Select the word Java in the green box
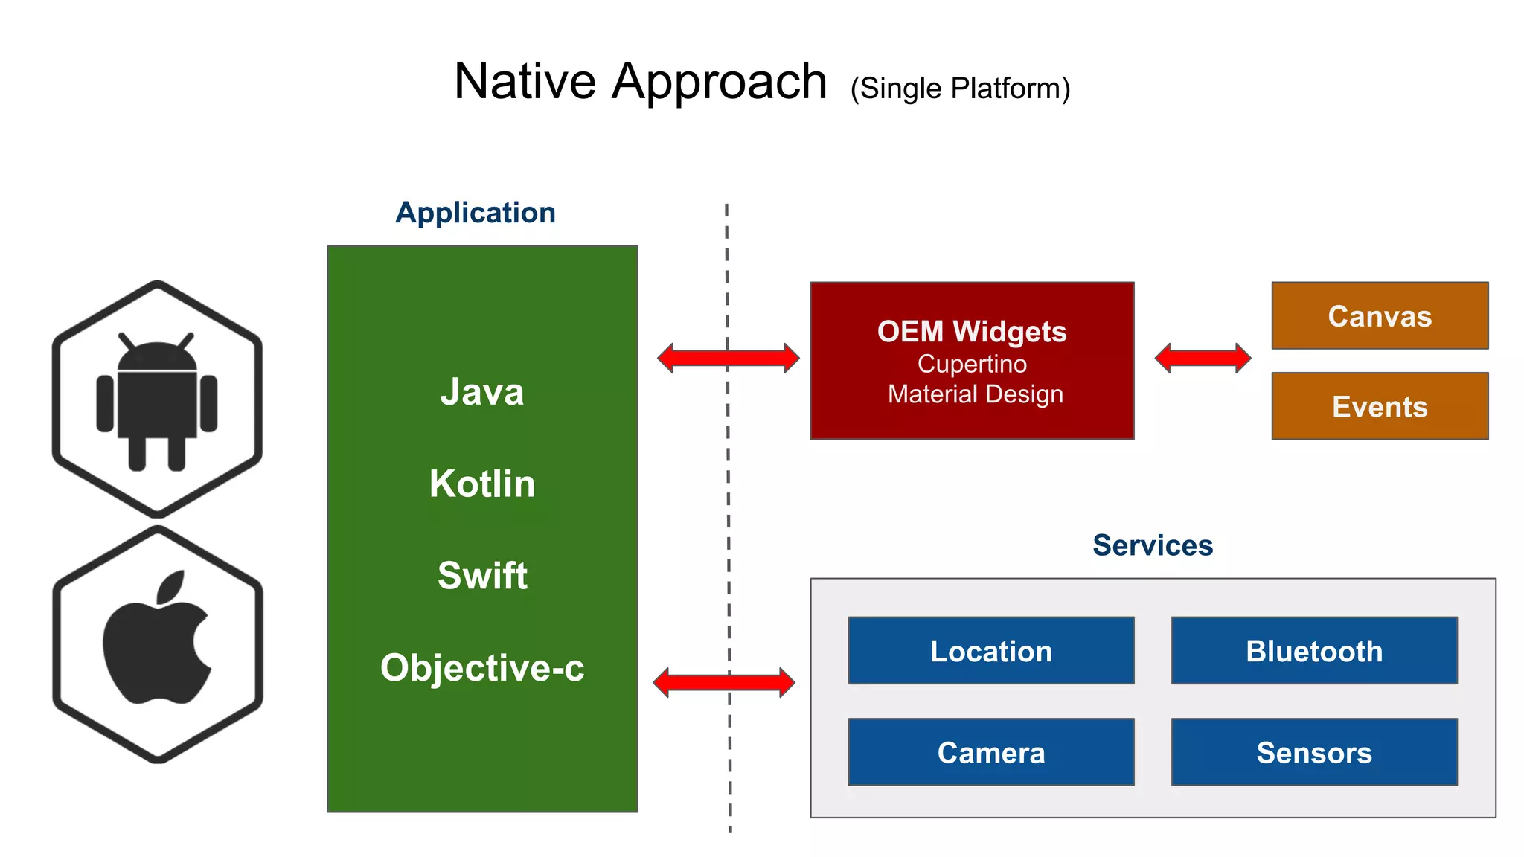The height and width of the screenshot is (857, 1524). [x=482, y=392]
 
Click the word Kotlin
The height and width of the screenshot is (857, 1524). [x=482, y=484]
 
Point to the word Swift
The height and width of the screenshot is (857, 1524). [x=482, y=576]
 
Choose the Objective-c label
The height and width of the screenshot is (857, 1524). [x=482, y=667]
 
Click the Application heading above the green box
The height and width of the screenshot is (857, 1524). [x=476, y=213]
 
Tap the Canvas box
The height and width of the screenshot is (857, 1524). [x=1380, y=316]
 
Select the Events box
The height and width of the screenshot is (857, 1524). [x=1380, y=407]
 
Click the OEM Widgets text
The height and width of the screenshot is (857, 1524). [x=972, y=332]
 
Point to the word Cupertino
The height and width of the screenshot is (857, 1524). [x=972, y=364]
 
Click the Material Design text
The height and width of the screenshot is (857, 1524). [x=975, y=394]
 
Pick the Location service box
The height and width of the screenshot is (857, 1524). [x=991, y=651]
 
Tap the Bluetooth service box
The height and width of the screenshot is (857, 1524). [x=1314, y=651]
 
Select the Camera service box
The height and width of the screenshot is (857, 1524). [x=991, y=752]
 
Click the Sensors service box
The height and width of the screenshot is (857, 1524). [x=1314, y=752]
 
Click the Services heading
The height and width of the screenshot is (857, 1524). [x=1153, y=545]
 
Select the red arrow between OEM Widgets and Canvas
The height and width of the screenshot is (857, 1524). [x=1203, y=358]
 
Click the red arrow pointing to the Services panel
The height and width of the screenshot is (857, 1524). [x=723, y=682]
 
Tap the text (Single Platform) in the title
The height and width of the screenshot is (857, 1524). [x=960, y=89]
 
